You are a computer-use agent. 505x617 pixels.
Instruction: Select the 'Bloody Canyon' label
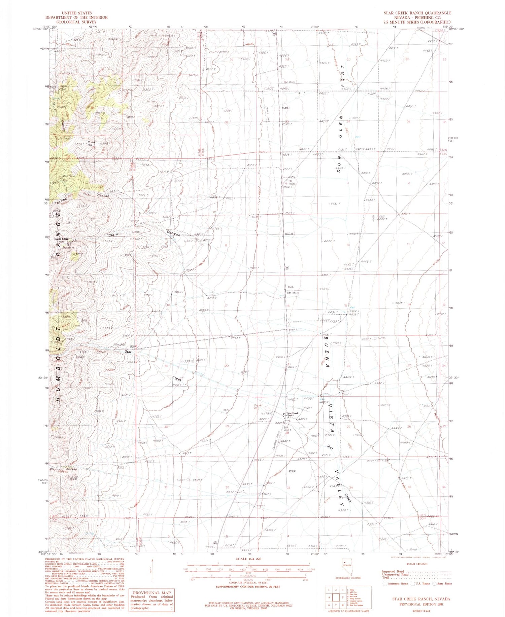pos(64,469)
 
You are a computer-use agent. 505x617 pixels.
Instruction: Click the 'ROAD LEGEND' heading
pos(417,564)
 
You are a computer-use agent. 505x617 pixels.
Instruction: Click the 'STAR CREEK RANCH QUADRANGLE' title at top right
pos(417,13)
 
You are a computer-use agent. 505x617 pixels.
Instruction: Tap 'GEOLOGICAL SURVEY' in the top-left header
pos(76,22)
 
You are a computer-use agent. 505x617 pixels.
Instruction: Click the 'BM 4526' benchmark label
pos(289,82)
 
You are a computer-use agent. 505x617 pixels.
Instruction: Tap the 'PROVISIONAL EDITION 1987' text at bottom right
pos(421,604)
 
